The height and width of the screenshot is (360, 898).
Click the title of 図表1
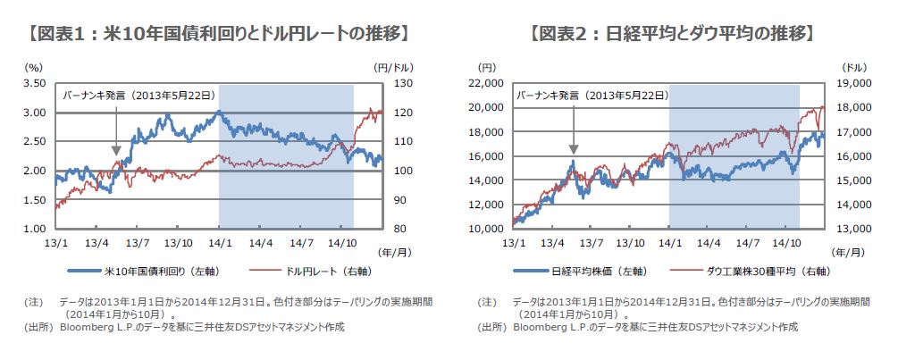pyautogui.click(x=218, y=35)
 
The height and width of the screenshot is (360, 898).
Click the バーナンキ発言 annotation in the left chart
pyautogui.click(x=143, y=95)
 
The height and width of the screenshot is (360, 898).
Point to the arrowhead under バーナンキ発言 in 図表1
pyautogui.click(x=117, y=152)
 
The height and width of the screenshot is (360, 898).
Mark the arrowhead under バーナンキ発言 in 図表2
pyautogui.click(x=573, y=152)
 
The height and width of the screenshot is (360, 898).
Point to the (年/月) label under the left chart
pyautogui.click(x=390, y=254)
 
